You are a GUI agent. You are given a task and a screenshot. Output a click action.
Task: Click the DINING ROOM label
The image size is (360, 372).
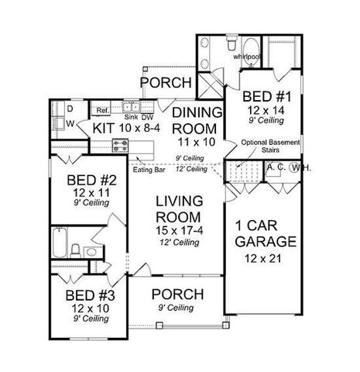pos(197,121)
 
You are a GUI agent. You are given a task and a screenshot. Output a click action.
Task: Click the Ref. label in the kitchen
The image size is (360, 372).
pos(101,110)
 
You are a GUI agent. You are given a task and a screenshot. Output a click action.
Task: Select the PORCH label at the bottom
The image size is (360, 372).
pos(178,294)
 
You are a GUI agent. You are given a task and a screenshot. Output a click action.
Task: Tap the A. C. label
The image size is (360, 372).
pos(275,166)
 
